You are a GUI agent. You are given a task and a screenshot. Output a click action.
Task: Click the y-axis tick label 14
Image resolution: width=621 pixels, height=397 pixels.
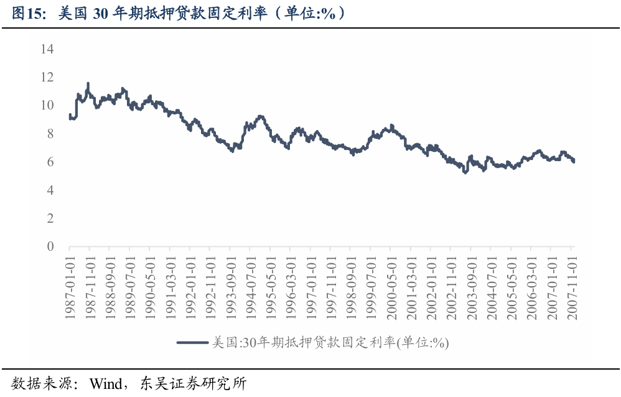click(x=47, y=49)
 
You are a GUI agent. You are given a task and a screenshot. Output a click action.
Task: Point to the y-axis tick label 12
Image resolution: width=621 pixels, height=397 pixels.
click(x=47, y=77)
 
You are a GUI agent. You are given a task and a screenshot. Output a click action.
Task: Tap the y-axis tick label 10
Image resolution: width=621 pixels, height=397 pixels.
click(x=47, y=105)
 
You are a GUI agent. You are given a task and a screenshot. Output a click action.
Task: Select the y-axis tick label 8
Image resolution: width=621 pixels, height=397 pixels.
click(x=50, y=134)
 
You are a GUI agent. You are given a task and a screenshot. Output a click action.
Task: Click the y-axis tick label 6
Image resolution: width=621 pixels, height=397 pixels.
click(x=50, y=162)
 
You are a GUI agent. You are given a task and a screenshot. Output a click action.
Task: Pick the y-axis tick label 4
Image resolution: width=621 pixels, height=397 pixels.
click(x=50, y=190)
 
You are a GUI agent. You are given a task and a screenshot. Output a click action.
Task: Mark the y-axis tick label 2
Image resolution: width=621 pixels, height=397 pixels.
click(x=50, y=218)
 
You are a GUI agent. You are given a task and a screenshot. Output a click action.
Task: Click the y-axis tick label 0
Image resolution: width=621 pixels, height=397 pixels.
click(x=50, y=247)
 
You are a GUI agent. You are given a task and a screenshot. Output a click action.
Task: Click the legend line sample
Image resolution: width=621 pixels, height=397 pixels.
click(x=192, y=342)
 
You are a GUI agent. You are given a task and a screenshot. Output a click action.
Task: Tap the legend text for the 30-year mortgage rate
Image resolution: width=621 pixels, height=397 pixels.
click(x=330, y=342)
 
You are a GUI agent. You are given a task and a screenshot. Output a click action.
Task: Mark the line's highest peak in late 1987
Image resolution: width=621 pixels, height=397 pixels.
click(x=88, y=83)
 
